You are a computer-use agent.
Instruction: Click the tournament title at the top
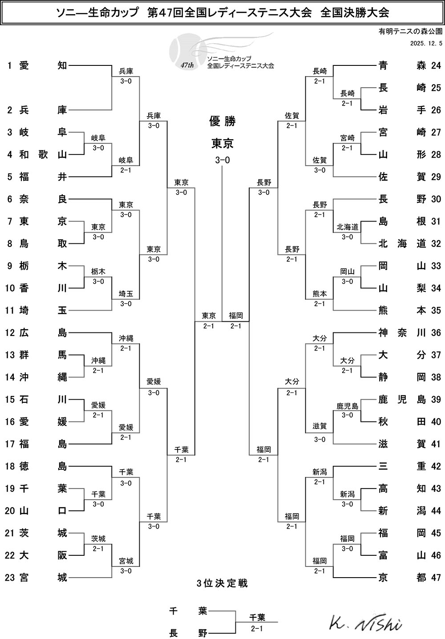[222, 12]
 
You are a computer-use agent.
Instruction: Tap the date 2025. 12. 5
[426, 44]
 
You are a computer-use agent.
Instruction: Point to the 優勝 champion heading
[222, 121]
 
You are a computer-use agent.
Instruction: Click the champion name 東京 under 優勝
[222, 144]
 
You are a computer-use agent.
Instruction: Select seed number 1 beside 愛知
[9, 66]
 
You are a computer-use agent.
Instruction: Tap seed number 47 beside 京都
[436, 578]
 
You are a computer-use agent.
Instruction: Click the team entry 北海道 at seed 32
[402, 244]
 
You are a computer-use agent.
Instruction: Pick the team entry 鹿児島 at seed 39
[402, 400]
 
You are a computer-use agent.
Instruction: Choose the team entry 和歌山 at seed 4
[43, 155]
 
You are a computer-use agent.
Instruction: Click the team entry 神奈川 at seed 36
[402, 333]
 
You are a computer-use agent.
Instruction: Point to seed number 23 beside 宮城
[10, 578]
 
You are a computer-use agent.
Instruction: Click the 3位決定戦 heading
[222, 583]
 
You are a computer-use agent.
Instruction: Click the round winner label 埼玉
[126, 294]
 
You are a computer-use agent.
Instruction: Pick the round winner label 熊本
[320, 294]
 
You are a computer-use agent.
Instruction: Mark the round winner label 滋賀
[320, 426]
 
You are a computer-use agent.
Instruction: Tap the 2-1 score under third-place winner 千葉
[257, 629]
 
